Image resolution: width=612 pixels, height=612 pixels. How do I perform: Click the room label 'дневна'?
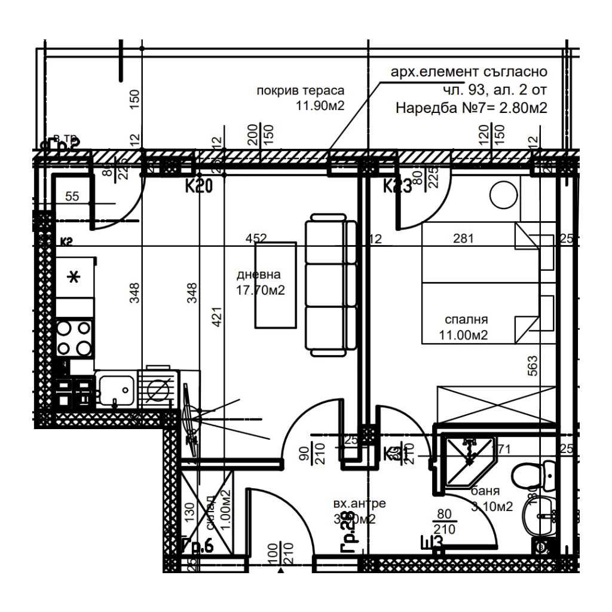(x=259, y=275)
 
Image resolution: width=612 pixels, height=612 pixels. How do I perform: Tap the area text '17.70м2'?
(x=261, y=290)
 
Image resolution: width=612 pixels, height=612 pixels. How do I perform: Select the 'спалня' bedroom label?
(x=466, y=320)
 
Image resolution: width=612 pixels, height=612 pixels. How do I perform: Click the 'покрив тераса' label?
(x=301, y=91)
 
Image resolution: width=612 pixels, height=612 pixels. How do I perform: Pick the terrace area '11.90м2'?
(x=320, y=106)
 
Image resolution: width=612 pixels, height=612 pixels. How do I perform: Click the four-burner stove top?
(x=74, y=338)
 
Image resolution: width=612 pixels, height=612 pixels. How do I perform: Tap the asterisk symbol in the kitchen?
(x=74, y=278)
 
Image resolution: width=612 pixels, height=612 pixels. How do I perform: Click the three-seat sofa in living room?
(x=331, y=286)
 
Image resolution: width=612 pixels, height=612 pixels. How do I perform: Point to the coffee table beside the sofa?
(x=276, y=284)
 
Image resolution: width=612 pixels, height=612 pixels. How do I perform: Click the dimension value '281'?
(x=463, y=239)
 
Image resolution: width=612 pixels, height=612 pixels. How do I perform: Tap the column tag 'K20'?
(x=198, y=187)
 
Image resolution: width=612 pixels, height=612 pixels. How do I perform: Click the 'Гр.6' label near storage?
(x=197, y=546)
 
